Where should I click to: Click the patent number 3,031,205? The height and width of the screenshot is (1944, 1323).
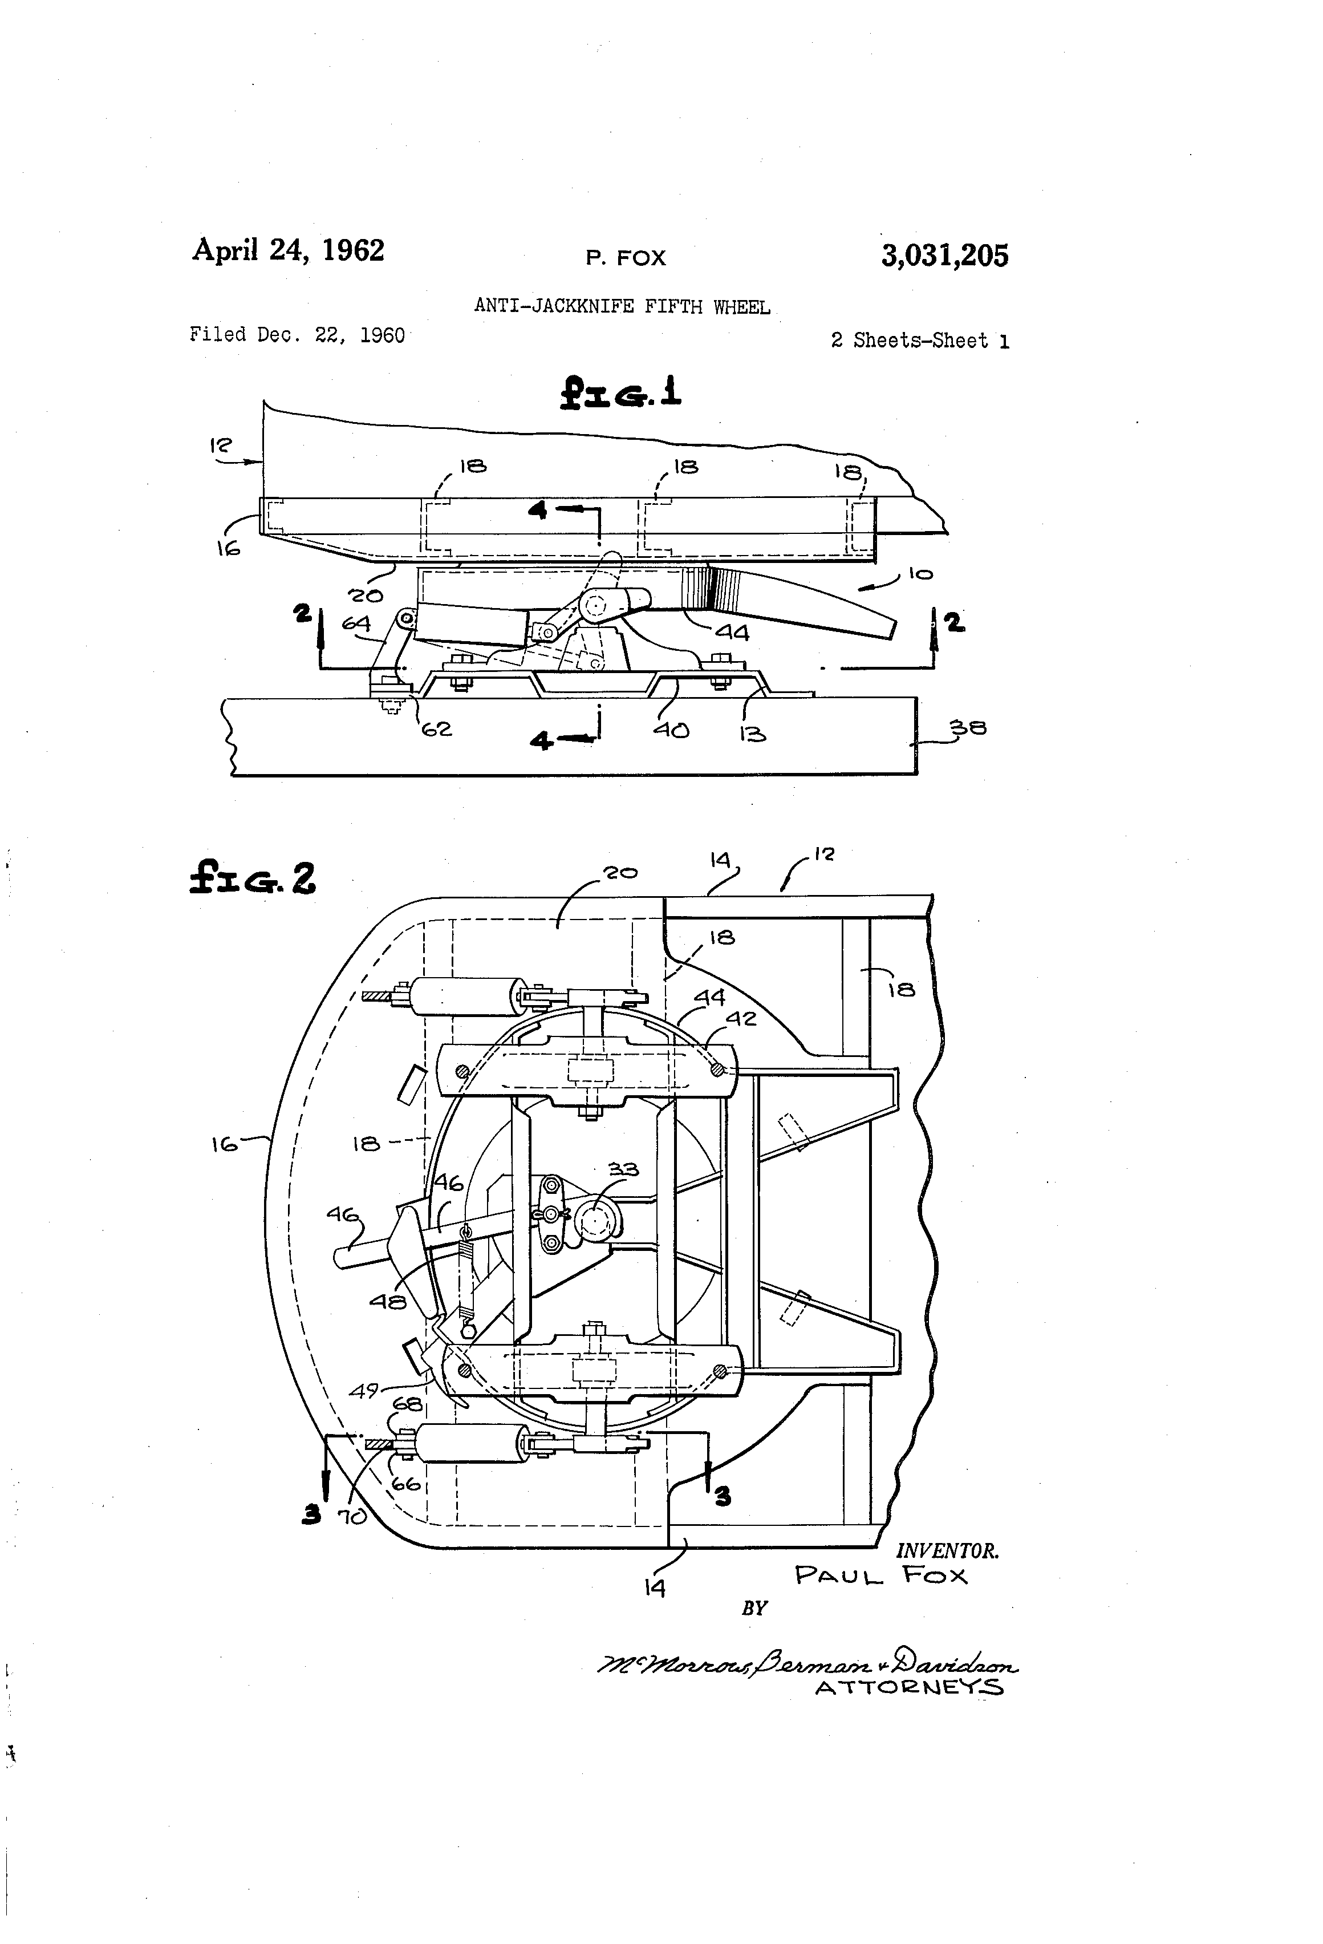pyautogui.click(x=944, y=255)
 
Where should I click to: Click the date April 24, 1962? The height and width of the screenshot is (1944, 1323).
pyautogui.click(x=289, y=250)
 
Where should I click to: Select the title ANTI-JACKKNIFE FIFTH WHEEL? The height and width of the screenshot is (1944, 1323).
pyautogui.click(x=622, y=306)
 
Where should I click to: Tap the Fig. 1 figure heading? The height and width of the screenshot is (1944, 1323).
pyautogui.click(x=620, y=391)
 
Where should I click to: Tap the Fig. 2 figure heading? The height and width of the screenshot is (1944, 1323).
pyautogui.click(x=253, y=878)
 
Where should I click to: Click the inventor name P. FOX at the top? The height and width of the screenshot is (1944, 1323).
pyautogui.click(x=626, y=258)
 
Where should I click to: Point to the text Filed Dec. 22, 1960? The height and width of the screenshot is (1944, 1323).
pyautogui.click(x=297, y=335)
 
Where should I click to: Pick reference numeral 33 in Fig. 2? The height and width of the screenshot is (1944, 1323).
pyautogui.click(x=623, y=1169)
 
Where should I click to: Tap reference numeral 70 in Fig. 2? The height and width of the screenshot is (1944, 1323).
pyautogui.click(x=352, y=1516)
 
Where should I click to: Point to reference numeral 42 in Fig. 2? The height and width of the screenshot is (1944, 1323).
pyautogui.click(x=741, y=1018)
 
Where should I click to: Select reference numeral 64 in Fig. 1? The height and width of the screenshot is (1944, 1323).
pyautogui.click(x=356, y=623)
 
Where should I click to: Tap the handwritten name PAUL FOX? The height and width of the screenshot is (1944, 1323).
pyautogui.click(x=880, y=1576)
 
